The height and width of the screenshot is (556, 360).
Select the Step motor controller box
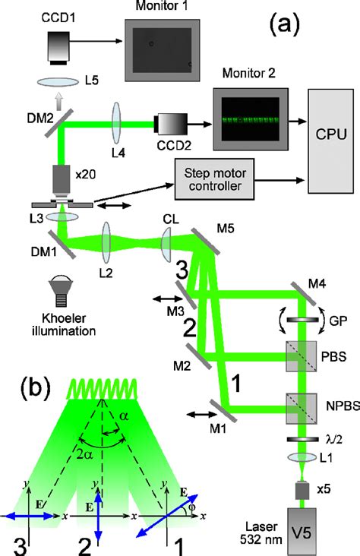point(218,180)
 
